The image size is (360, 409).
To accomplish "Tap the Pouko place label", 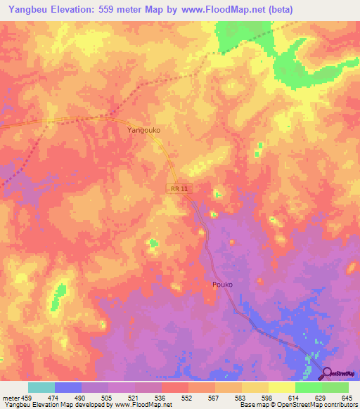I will [222, 285].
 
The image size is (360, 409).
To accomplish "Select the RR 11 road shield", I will [179, 189].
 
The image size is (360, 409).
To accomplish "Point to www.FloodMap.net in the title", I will [218, 9].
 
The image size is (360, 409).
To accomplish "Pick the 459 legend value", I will [27, 398].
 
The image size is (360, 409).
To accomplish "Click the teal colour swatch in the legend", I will [41, 387].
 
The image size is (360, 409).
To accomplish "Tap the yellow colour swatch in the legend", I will [281, 387].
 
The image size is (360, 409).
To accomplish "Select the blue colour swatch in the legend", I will [68, 387].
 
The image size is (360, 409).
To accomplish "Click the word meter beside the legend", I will [11, 398].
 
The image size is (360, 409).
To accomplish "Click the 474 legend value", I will [54, 398].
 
